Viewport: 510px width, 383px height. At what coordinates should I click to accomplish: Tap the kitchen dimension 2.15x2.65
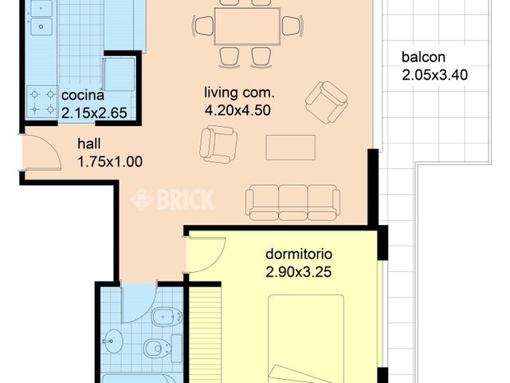[x=94, y=113]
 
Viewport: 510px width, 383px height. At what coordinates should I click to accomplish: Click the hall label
[x=88, y=145]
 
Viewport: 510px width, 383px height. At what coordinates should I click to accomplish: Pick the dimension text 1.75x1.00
[x=109, y=161]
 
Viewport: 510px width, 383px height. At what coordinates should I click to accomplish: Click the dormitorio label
[x=299, y=255]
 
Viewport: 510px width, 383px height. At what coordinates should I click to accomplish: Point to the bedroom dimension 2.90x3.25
[x=299, y=271]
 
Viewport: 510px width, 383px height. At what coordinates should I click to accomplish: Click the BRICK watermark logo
[x=173, y=199]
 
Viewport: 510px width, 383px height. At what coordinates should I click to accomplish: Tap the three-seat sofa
[x=292, y=202]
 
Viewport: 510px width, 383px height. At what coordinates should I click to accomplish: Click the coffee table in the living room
[x=290, y=147]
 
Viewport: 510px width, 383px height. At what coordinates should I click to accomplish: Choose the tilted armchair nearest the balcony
[x=327, y=102]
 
